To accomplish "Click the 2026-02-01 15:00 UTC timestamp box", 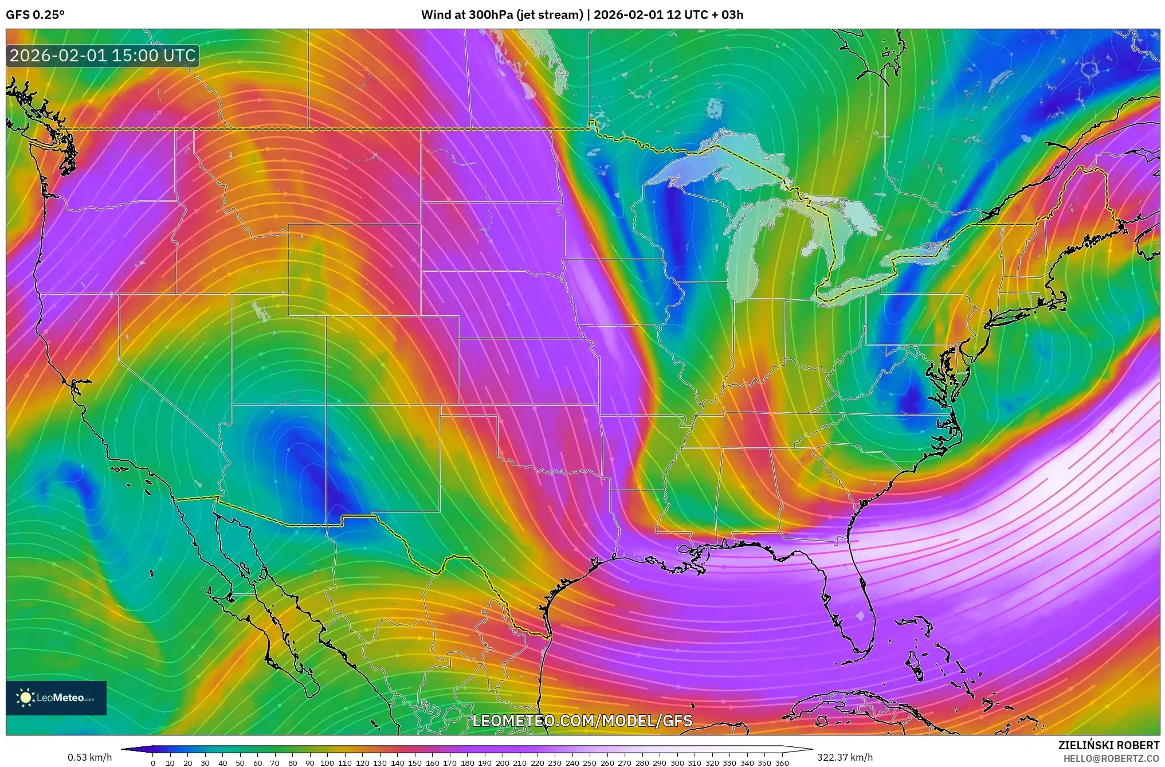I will click(103, 56).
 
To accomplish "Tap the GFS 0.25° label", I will click(35, 15).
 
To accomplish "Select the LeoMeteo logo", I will click(56, 698).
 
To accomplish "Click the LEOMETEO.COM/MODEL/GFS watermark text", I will click(582, 721).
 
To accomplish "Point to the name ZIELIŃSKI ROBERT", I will click(1109, 745).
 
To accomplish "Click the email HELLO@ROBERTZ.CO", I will click(1111, 758).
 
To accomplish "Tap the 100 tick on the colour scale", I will click(327, 762).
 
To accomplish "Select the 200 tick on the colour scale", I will click(502, 762).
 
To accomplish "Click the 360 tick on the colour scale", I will click(782, 762).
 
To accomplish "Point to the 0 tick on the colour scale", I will click(153, 762).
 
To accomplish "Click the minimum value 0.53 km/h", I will click(89, 757).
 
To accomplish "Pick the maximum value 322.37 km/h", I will click(845, 757).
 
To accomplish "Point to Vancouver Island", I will click(29, 103).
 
